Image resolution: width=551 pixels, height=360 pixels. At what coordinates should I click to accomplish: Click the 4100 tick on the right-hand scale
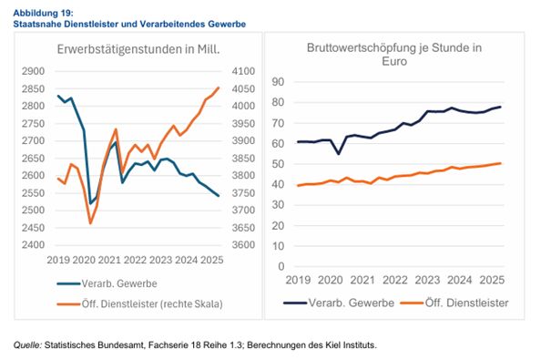point(242,71)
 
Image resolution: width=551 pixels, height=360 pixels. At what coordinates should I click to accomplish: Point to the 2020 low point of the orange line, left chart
point(90,222)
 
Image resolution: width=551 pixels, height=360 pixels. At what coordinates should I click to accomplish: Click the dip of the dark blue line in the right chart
point(340,153)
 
